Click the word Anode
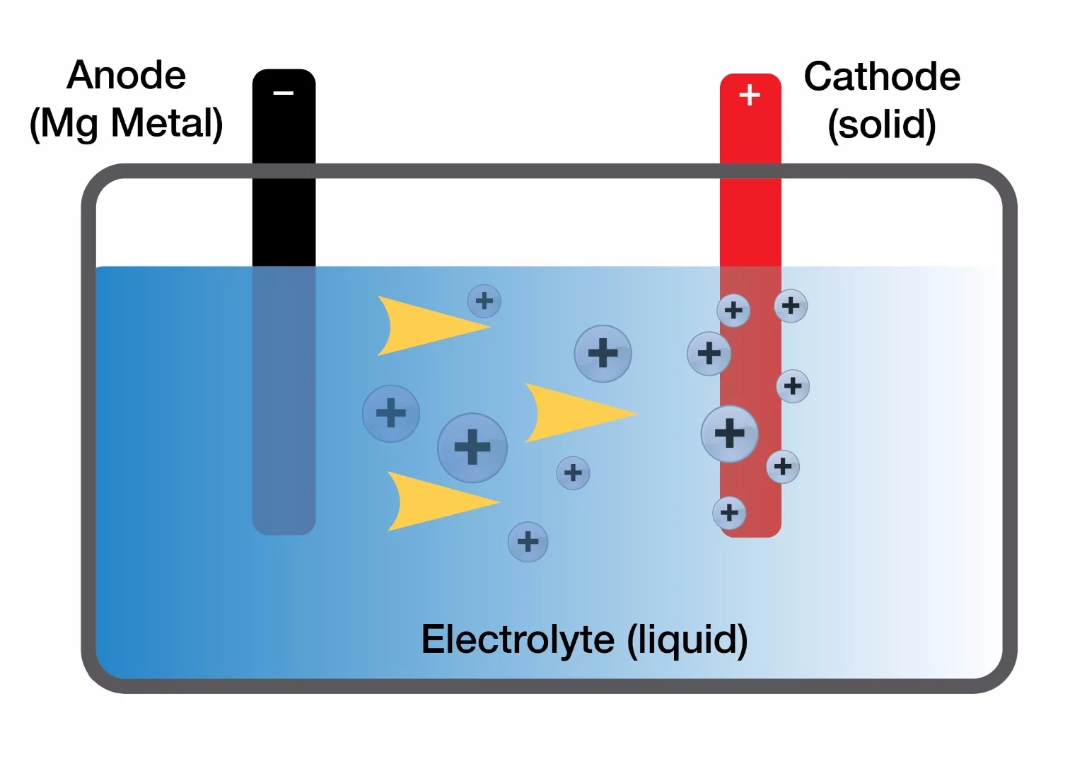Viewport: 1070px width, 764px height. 127,75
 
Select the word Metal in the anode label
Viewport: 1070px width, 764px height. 166,123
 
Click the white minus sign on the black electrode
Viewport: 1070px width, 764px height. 284,93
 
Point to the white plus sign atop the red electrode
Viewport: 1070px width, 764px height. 750,95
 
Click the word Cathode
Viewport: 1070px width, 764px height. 882,76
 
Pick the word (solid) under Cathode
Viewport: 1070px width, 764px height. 882,125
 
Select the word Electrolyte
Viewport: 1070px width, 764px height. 518,639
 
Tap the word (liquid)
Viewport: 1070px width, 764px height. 687,639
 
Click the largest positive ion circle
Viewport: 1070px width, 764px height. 472,447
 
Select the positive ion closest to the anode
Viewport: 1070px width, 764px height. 391,413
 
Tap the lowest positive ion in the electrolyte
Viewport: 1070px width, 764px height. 528,542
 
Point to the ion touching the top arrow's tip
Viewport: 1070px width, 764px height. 484,301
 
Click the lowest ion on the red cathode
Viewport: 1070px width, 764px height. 730,513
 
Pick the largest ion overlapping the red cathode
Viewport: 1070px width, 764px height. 730,434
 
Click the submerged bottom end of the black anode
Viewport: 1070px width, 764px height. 284,516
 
